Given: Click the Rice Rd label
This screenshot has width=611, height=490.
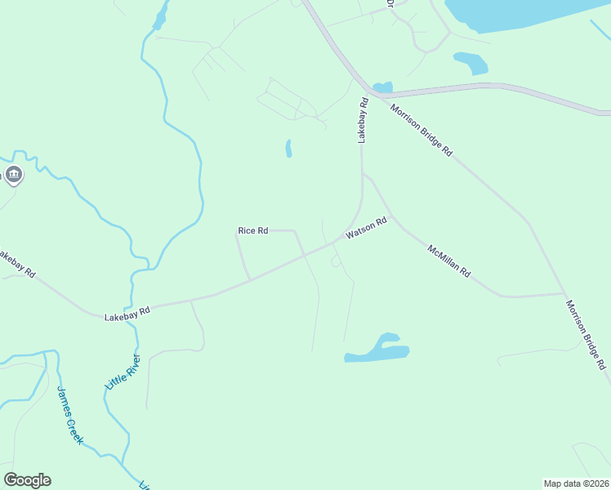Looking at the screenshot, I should click(252, 231).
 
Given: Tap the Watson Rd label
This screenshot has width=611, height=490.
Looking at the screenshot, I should click(365, 228).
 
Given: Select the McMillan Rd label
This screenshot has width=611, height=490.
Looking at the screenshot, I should click(449, 261).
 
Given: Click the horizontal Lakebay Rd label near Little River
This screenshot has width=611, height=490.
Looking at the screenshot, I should click(127, 311).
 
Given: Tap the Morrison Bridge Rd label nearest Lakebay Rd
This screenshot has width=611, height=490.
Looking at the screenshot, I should click(421, 130).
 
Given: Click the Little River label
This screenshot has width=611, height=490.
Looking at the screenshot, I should click(122, 372).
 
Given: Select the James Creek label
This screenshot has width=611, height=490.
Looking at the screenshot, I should click(69, 414).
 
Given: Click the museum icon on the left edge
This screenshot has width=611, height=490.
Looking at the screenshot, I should click(14, 174).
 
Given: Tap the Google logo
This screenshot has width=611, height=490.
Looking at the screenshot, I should click(27, 480).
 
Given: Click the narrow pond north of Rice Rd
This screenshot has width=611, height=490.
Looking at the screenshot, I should click(288, 148).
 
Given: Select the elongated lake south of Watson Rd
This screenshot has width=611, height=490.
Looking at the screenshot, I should click(378, 350).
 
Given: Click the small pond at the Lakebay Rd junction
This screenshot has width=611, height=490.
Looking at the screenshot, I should click(382, 87).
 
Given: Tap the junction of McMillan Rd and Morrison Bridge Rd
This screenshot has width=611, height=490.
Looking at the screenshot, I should click(564, 293).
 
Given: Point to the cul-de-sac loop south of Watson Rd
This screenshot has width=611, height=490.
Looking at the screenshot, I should click(335, 261).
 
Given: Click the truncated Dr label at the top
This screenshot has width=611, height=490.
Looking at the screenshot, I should click(390, 4).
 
